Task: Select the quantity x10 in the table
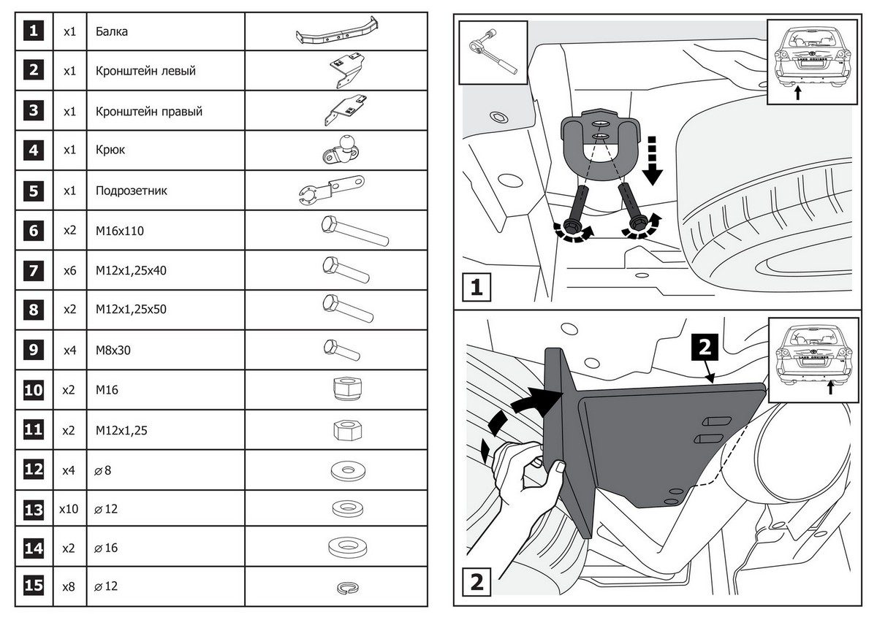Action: [x=69, y=509]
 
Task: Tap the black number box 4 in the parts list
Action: [x=34, y=150]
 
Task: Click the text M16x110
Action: [x=120, y=231]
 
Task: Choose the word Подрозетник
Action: [x=132, y=191]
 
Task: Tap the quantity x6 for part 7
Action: [x=69, y=270]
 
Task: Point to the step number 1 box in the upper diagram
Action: [x=477, y=287]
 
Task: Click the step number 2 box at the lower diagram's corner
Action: [x=477, y=583]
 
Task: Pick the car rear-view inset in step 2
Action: [x=813, y=356]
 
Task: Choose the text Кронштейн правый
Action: [x=148, y=112]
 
